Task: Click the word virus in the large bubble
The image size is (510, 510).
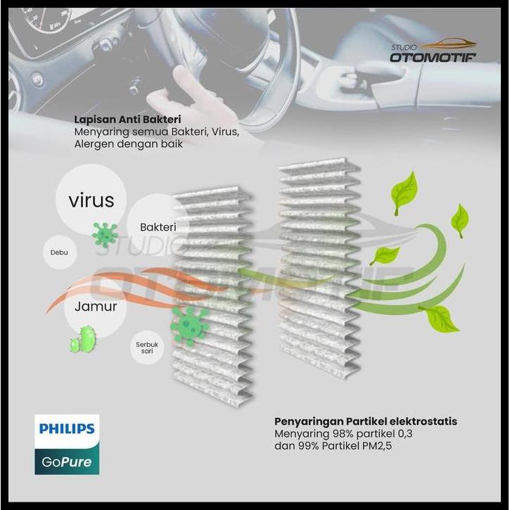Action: click(91, 200)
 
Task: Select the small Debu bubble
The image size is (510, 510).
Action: click(60, 252)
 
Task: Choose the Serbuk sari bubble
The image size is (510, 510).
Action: click(146, 348)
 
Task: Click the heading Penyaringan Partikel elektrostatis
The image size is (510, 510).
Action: click(365, 421)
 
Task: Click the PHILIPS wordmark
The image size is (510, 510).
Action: click(67, 428)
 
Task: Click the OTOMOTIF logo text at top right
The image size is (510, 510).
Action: click(433, 56)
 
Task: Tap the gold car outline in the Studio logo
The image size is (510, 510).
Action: click(450, 44)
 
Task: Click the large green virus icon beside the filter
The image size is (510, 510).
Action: click(189, 326)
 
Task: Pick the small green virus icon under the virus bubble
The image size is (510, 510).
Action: click(105, 234)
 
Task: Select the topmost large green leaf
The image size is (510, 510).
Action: click(404, 191)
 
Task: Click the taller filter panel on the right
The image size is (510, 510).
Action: click(320, 267)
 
